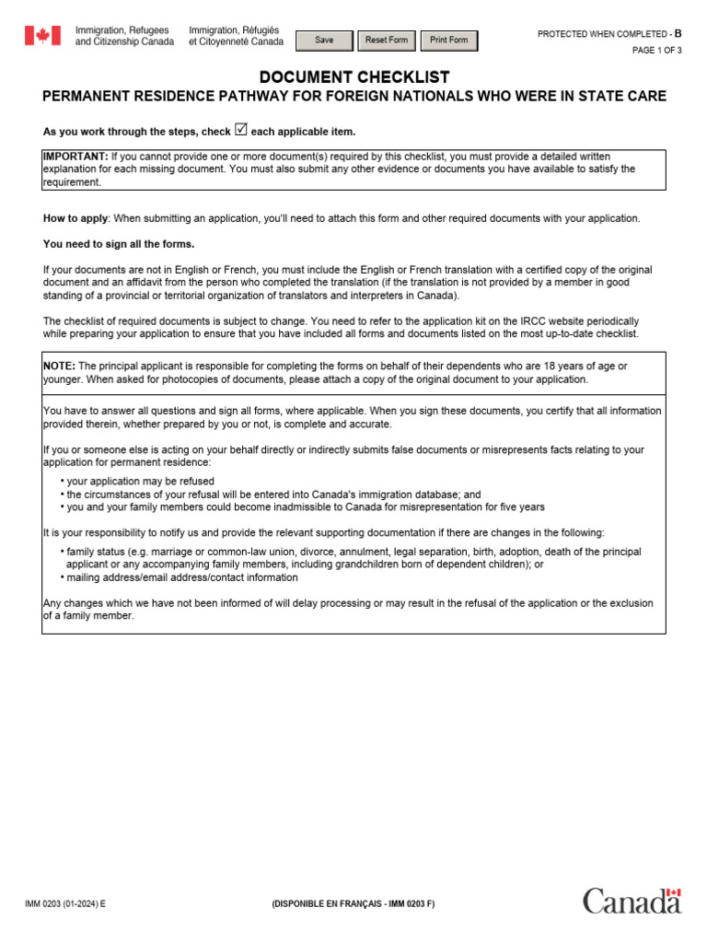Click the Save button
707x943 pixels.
324,41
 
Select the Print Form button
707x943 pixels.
448,41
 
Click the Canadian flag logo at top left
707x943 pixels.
42,36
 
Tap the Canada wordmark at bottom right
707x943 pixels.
632,902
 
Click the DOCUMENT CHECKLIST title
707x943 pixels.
354,77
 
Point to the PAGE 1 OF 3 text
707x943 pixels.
656,51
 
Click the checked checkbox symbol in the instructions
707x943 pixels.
241,130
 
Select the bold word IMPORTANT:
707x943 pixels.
75,157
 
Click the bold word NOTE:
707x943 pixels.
60,366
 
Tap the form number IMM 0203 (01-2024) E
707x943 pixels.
65,904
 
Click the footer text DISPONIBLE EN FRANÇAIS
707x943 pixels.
353,904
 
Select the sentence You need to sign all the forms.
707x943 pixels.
119,244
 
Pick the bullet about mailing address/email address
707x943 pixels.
181,577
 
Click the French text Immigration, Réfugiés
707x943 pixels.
234,30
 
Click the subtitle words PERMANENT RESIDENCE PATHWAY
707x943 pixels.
175,97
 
